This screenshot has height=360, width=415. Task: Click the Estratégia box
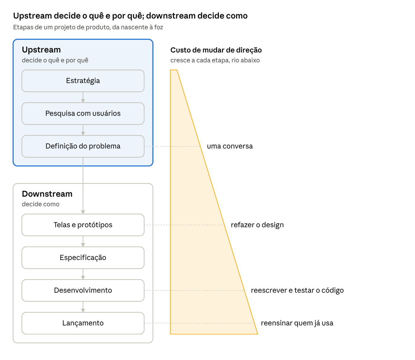coord(83,81)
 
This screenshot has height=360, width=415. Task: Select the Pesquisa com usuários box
coord(83,113)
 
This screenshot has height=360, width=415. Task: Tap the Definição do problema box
coord(83,146)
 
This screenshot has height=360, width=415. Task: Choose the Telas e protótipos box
coord(83,225)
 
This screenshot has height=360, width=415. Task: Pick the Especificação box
coord(83,257)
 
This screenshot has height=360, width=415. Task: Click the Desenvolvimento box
coord(83,290)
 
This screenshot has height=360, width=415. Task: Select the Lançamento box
coord(83,323)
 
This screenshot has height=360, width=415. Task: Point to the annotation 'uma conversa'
coord(230,146)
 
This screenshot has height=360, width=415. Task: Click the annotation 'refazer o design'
coord(257,225)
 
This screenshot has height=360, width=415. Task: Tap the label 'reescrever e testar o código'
coord(297,291)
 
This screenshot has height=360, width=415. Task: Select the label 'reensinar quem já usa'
coord(297,323)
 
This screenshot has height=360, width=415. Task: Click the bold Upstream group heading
coord(41,50)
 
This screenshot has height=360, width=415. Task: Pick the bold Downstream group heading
coord(47,194)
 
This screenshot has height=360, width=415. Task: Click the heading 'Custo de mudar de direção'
coord(216,50)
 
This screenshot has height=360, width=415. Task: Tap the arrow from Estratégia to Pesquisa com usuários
coord(83,97)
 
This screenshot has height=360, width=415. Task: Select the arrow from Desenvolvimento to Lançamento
coord(83,307)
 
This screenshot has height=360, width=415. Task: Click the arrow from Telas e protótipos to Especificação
coord(83,241)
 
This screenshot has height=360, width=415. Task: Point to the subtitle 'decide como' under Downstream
coord(40,204)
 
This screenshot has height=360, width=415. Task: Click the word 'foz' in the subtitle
coord(159,27)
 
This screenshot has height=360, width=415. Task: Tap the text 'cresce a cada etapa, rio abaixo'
coord(215,60)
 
